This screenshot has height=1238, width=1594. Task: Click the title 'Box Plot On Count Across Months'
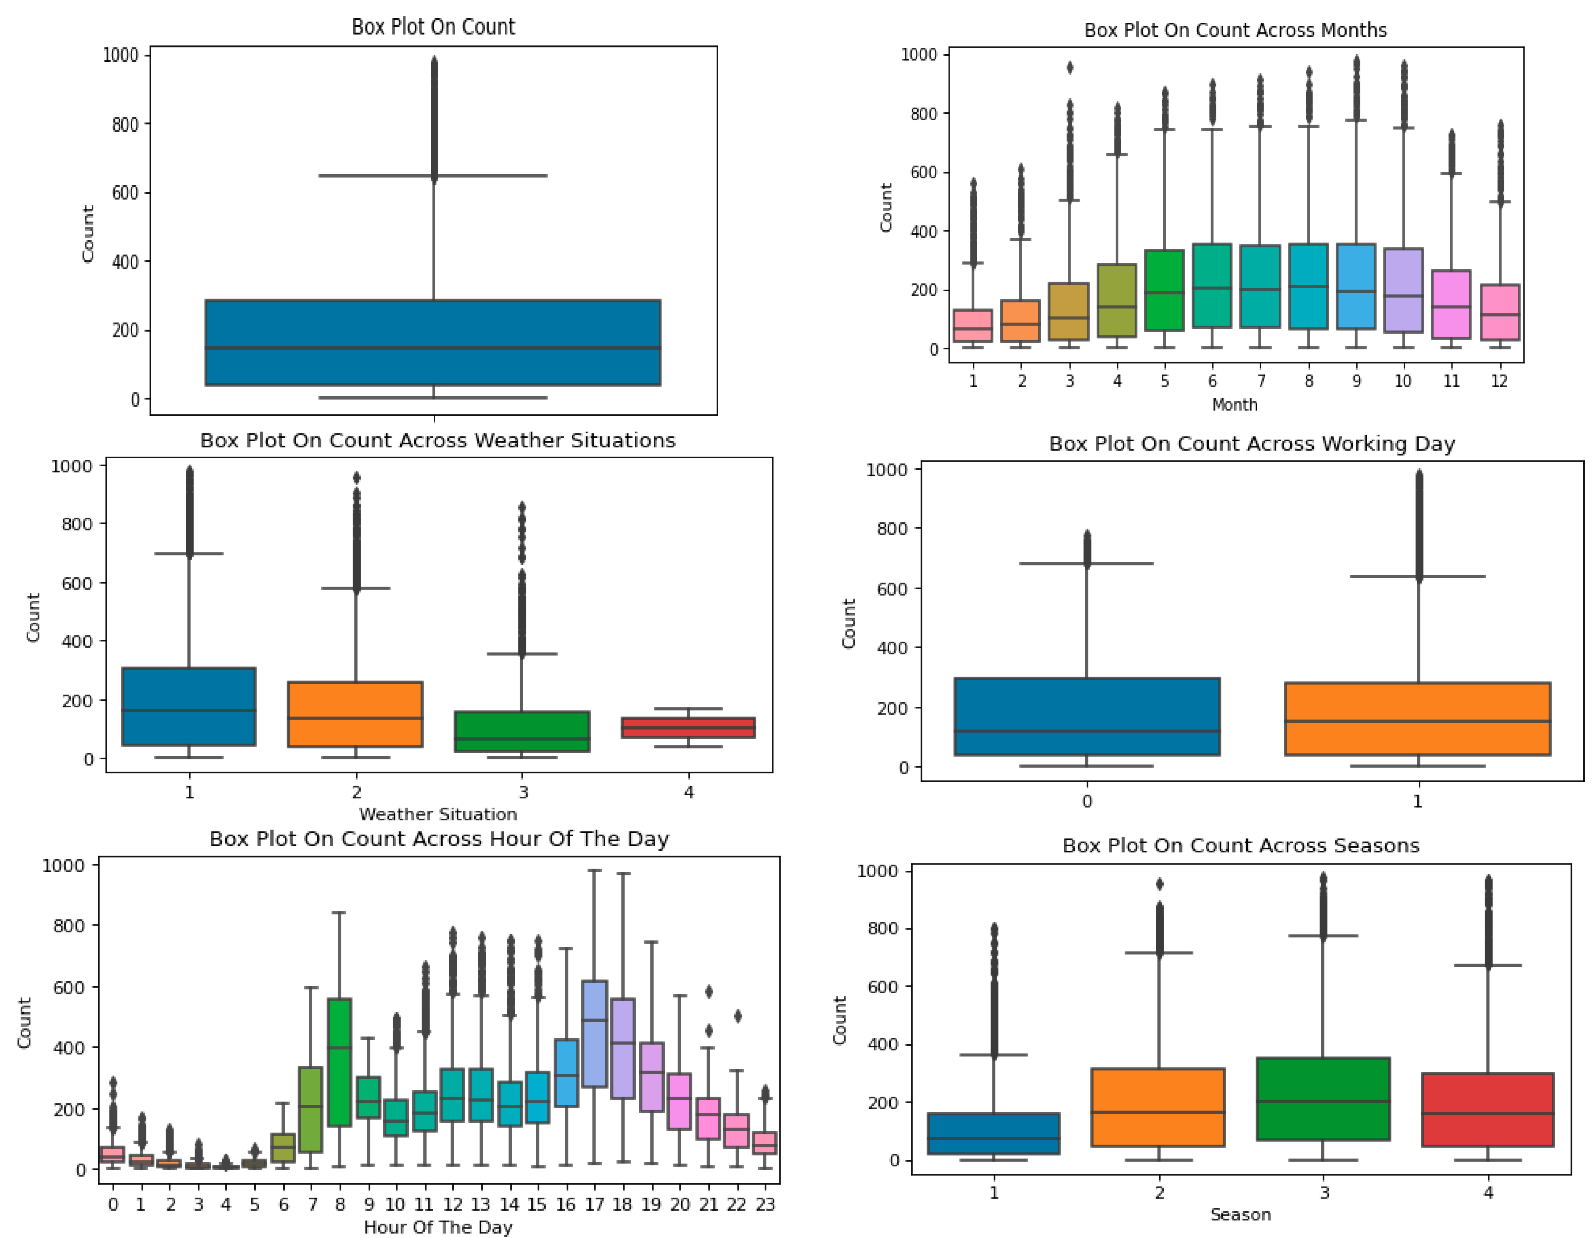(1235, 30)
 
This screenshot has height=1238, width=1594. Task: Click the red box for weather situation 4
(688, 727)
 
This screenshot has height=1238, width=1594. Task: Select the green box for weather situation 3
(522, 731)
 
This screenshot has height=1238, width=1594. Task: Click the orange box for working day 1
(1418, 719)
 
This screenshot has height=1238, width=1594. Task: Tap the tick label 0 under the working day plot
(1087, 801)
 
